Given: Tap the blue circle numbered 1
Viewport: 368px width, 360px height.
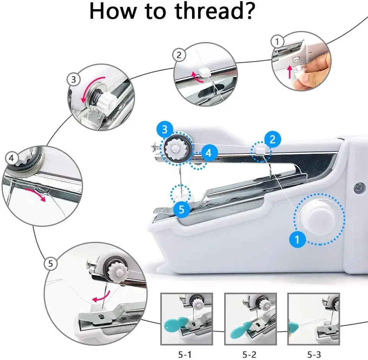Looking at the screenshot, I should pos(298,240).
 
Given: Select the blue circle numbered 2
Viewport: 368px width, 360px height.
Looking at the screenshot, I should pos(272,139).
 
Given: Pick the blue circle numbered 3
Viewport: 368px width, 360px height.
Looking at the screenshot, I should pos(164,130).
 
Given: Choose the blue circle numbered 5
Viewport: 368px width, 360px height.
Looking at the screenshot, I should pos(182,209).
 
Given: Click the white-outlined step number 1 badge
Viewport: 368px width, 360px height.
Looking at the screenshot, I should pos(277,41).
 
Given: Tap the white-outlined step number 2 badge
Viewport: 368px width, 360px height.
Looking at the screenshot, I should pos(179,55).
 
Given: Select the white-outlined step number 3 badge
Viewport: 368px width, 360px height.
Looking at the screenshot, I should pos(73,80).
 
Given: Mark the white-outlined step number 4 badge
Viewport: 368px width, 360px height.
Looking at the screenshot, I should pos(11,158).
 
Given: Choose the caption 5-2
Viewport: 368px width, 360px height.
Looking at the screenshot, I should pos(250,355).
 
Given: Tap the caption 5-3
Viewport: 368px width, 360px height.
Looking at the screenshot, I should pos(313,355).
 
